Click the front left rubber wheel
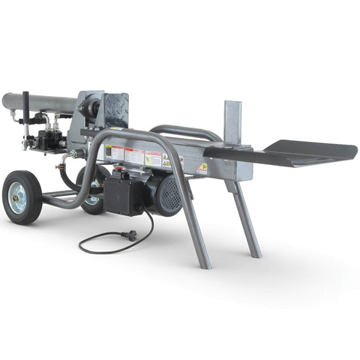tap(23, 196)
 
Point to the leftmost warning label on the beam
tap(115, 154)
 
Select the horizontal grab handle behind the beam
tap(184, 130)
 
